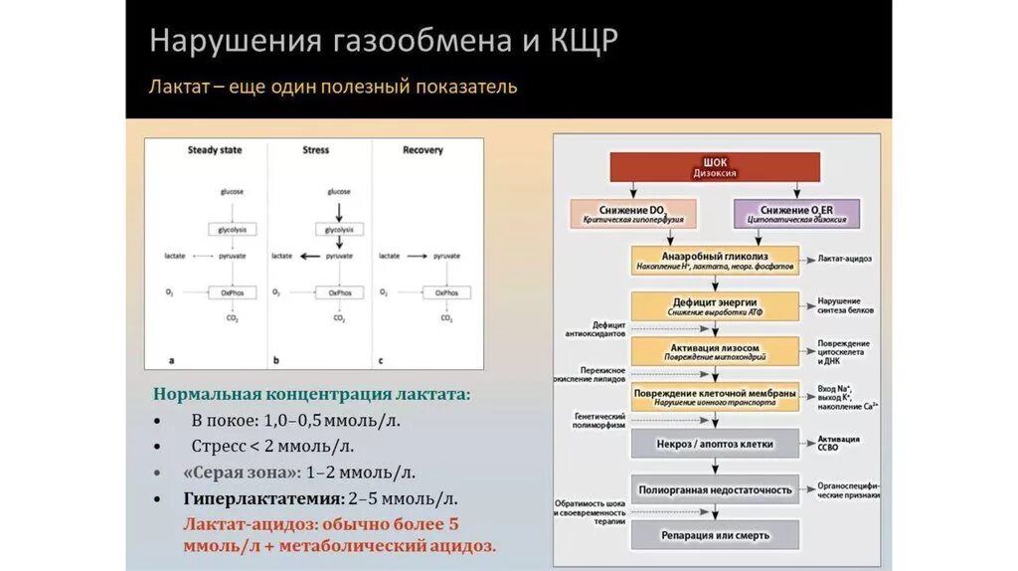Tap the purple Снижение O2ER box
pos(796,214)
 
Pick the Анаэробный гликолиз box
pos(716,260)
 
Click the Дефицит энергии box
pos(716,306)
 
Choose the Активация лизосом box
pos(716,351)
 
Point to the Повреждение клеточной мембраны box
pos(716,397)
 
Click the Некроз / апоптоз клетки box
pos(716,443)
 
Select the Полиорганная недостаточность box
pos(716,489)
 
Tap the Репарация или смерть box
pos(716,535)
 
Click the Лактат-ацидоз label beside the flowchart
pos(845,259)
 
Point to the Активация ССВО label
pos(840,443)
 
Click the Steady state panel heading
pos(215,151)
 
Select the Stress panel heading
pos(315,151)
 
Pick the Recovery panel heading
pos(423,151)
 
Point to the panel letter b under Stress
pos(275,359)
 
